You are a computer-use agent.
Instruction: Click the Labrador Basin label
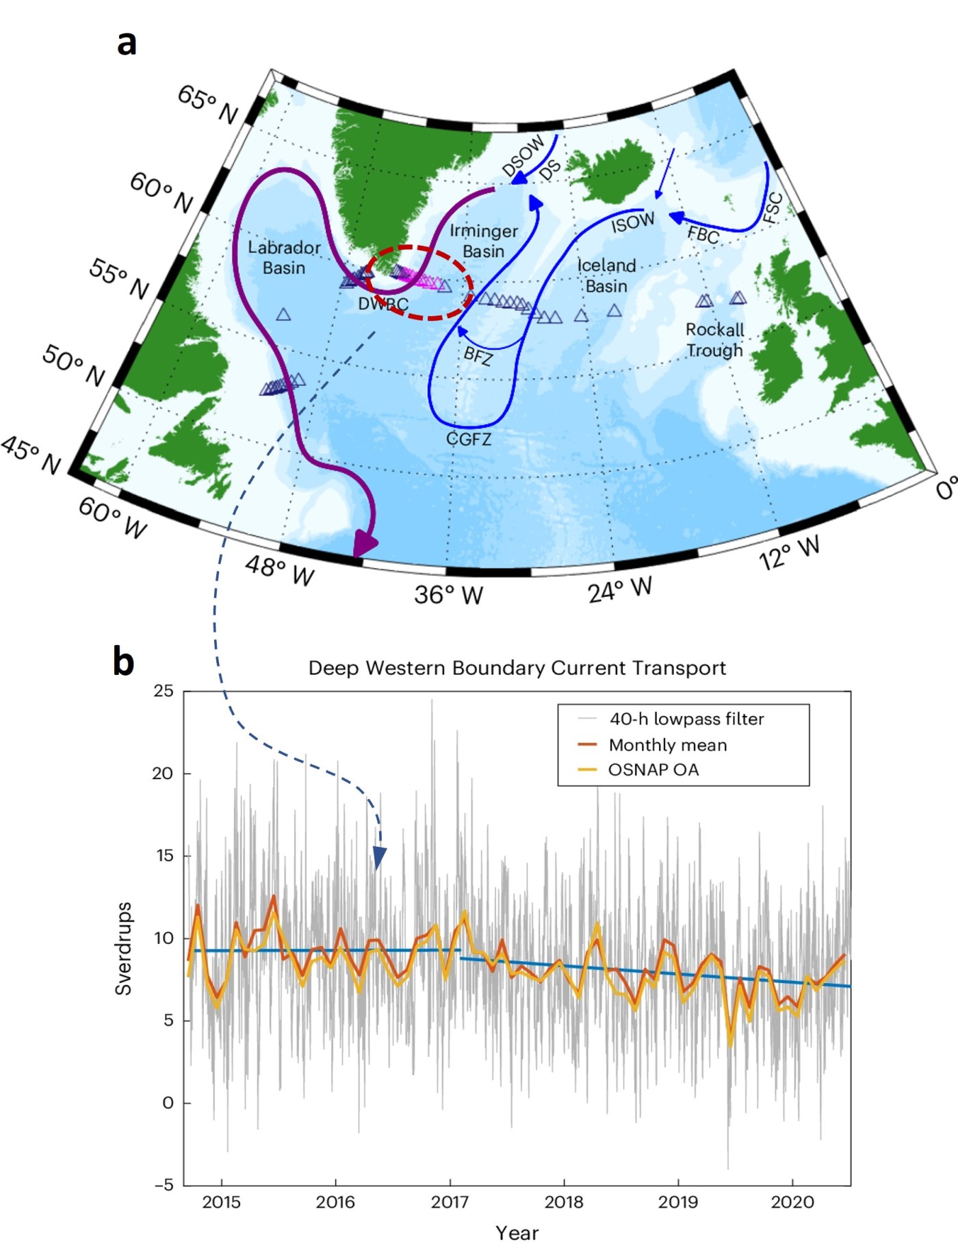[x=284, y=257]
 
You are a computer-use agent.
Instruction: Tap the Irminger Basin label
[x=484, y=241]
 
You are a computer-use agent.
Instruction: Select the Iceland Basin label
[x=606, y=275]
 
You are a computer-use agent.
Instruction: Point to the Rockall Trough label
[x=715, y=340]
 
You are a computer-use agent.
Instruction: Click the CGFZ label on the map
[x=469, y=439]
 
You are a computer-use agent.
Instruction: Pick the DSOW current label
[x=523, y=155]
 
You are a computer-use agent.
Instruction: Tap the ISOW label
[x=632, y=222]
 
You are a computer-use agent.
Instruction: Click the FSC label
[x=773, y=208]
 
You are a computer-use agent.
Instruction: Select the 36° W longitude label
[x=448, y=594]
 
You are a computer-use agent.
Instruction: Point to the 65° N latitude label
[x=208, y=104]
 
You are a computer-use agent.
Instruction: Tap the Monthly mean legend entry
[x=667, y=745]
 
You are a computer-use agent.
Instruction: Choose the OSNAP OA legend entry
[x=653, y=769]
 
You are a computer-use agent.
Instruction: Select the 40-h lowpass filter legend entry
[x=686, y=719]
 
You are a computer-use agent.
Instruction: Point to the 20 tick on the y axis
[x=163, y=774]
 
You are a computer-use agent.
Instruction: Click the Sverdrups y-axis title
[x=123, y=948]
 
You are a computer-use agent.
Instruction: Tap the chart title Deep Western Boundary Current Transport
[x=517, y=668]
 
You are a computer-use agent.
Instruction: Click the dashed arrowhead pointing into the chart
[x=379, y=858]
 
